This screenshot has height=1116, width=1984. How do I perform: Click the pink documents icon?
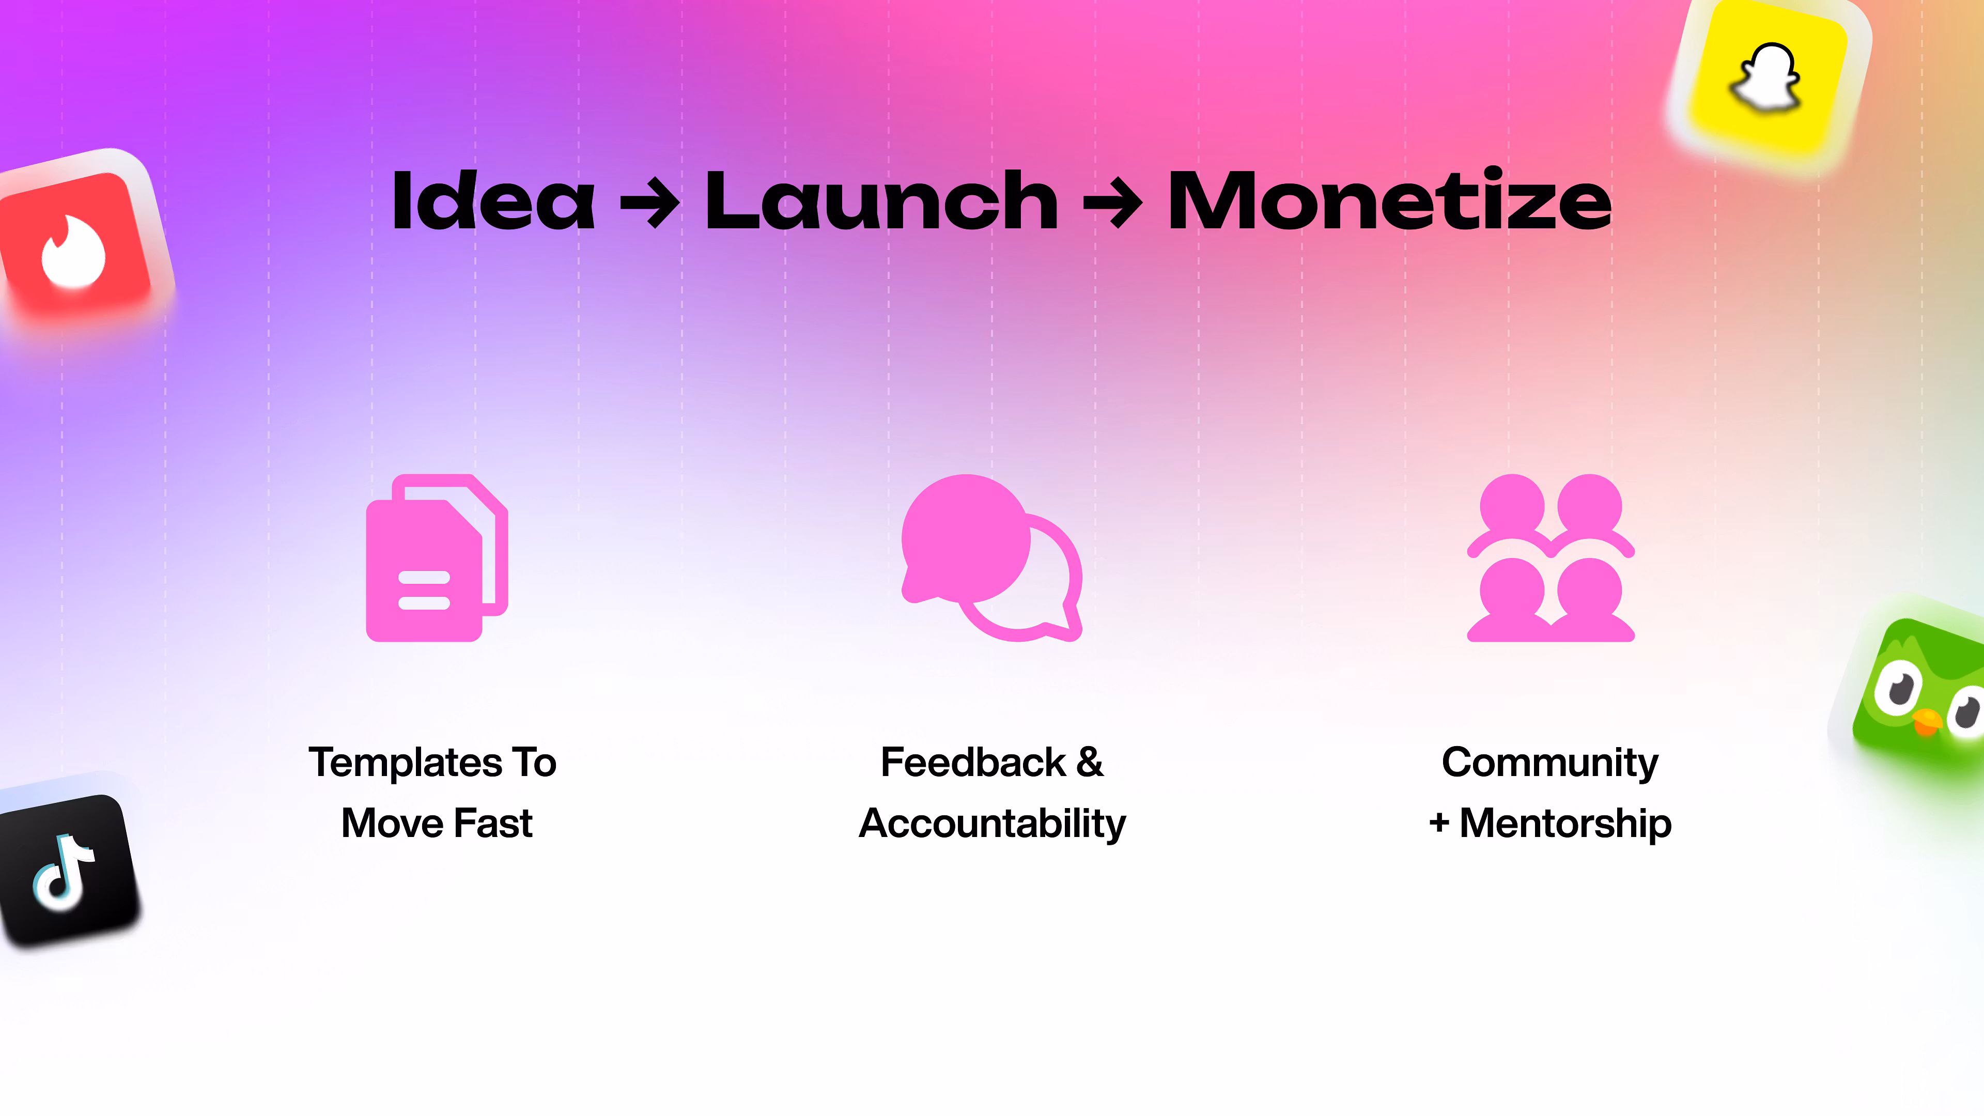(437, 557)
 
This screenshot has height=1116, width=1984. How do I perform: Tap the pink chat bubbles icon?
(992, 557)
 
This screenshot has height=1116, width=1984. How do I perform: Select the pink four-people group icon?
(1551, 557)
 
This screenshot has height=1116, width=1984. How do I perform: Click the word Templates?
(406, 763)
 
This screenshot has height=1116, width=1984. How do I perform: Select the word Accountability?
(992, 824)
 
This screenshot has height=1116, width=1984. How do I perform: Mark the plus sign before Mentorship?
(1439, 824)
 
